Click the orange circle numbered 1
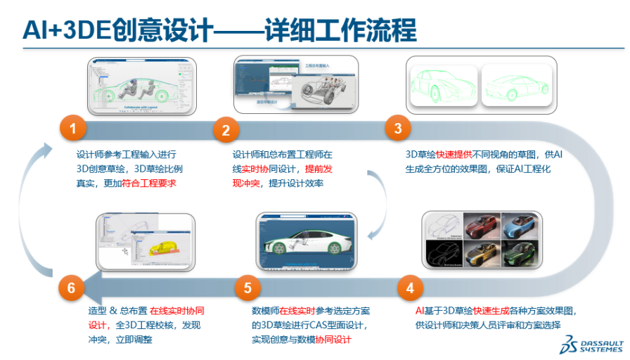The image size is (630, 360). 73,129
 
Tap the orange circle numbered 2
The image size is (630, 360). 226,130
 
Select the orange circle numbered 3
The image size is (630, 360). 398,128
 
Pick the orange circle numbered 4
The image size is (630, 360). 410,288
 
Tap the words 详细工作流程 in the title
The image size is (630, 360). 340,30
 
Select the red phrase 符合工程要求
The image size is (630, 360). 148,184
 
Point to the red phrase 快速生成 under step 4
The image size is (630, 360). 491,310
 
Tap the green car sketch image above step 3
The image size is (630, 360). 482,87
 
